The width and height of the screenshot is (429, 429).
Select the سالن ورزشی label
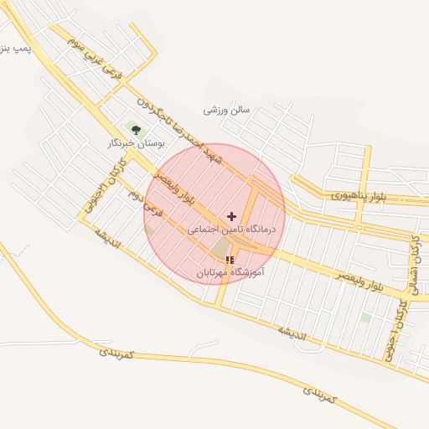point(227,110)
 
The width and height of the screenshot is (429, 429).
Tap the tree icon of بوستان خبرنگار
point(136,128)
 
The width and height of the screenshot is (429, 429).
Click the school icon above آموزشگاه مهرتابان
point(230,261)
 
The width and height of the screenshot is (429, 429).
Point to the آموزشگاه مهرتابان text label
point(230,273)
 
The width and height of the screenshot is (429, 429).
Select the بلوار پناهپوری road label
point(359,195)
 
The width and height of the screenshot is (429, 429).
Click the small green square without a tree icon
point(365,318)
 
